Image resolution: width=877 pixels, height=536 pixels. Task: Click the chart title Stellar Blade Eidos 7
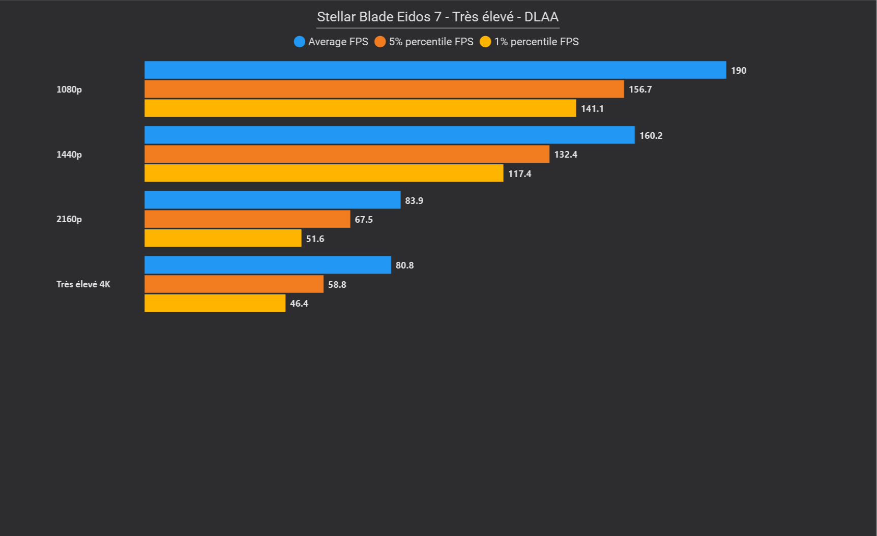pos(437,17)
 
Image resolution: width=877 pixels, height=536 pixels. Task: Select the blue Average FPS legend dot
pos(300,42)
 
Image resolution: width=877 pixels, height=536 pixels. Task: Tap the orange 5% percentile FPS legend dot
pos(380,42)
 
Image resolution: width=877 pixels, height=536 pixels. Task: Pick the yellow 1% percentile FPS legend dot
pos(485,42)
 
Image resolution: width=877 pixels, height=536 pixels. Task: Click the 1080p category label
pos(69,90)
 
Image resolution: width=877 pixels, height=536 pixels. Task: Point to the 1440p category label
pos(69,155)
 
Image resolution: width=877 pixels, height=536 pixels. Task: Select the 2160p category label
pos(69,219)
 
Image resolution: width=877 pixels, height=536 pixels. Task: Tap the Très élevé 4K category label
pos(83,284)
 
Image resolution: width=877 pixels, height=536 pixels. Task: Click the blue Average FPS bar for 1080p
pos(435,70)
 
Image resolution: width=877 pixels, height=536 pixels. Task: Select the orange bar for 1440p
pos(346,154)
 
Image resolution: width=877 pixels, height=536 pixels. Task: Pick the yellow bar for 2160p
pos(223,238)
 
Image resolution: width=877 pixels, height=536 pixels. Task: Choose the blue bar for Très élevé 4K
pos(268,265)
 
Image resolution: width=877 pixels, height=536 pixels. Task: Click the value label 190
pos(739,71)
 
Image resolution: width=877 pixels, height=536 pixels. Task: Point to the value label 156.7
pos(640,90)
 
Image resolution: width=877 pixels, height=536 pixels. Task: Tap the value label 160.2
pos(651,136)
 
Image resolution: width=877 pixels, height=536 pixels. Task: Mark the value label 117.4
pos(519,174)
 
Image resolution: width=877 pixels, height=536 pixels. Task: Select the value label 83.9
pos(414,201)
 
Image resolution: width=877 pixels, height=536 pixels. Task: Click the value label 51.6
pos(315,239)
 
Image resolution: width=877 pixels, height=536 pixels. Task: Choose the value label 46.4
pos(299,304)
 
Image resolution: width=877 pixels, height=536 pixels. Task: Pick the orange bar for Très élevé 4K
pos(234,284)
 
